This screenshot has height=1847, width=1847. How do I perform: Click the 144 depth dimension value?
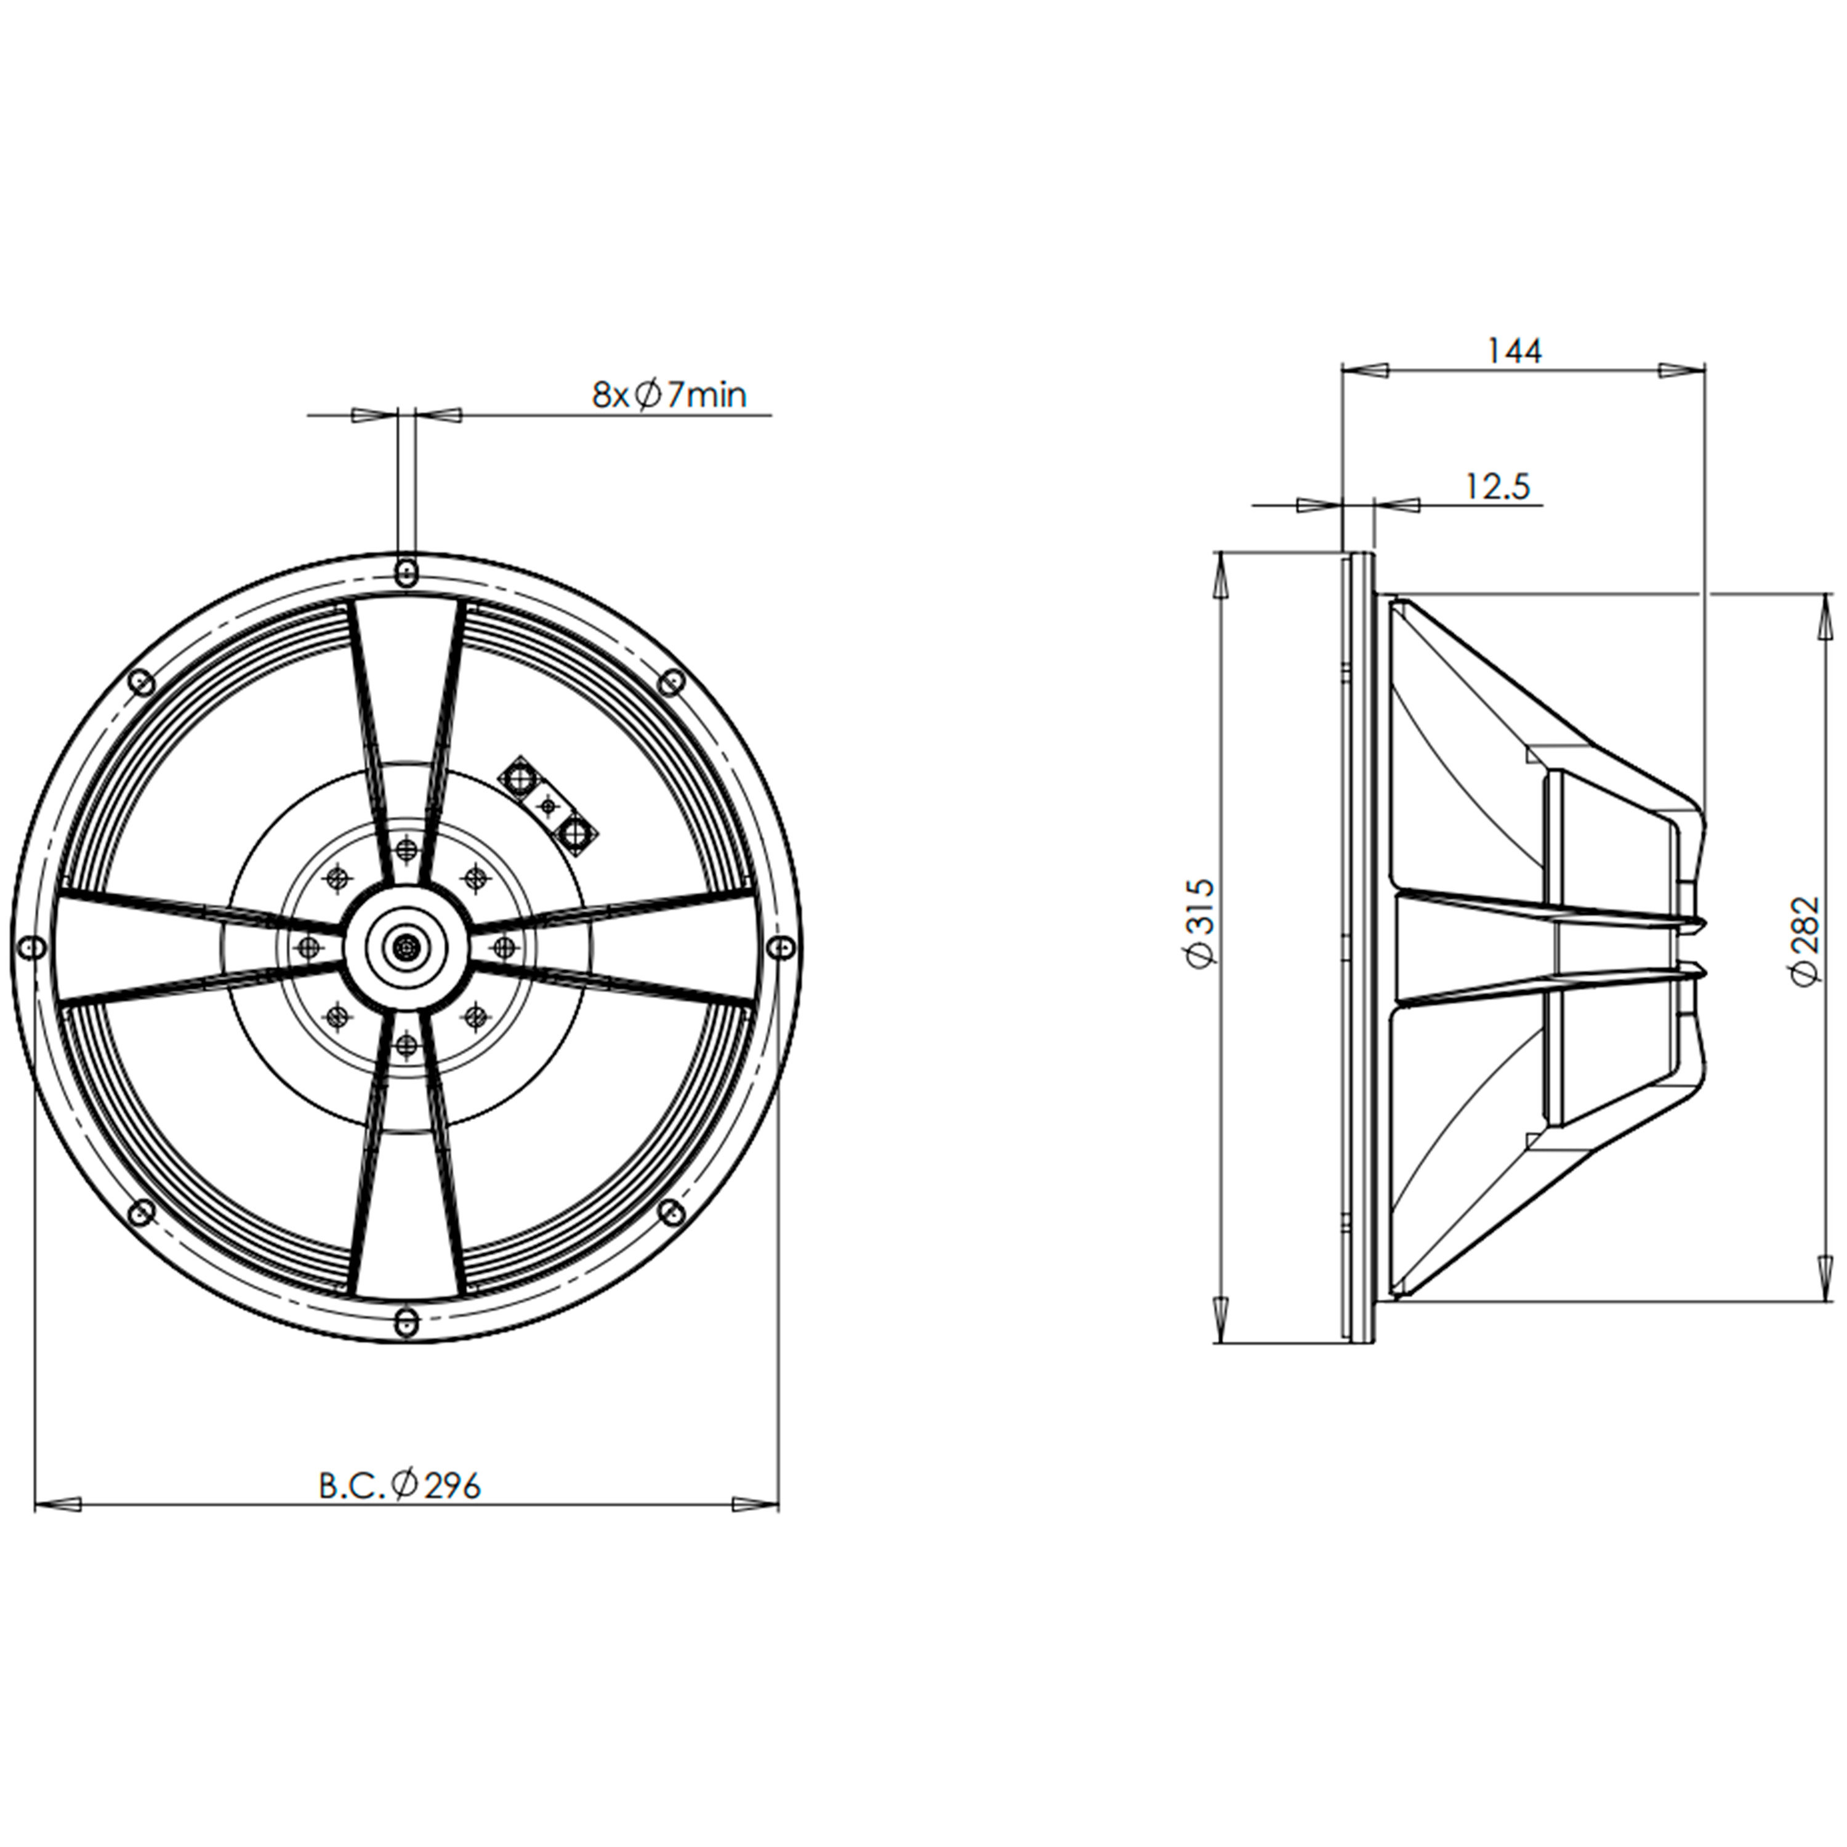(x=1515, y=351)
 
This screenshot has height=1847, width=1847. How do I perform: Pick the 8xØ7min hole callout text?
(x=669, y=394)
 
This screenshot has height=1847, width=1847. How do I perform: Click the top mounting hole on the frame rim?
(x=406, y=572)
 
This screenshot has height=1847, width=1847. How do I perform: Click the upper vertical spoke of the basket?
(x=406, y=726)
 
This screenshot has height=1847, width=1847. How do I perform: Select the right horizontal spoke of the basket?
(x=621, y=946)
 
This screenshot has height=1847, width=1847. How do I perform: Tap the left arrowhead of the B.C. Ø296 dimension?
(x=57, y=1504)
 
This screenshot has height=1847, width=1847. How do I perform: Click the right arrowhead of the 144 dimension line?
(x=1683, y=369)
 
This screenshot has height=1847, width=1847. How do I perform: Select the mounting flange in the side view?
(x=1358, y=946)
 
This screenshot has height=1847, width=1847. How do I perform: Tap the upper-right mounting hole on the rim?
(x=672, y=681)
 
